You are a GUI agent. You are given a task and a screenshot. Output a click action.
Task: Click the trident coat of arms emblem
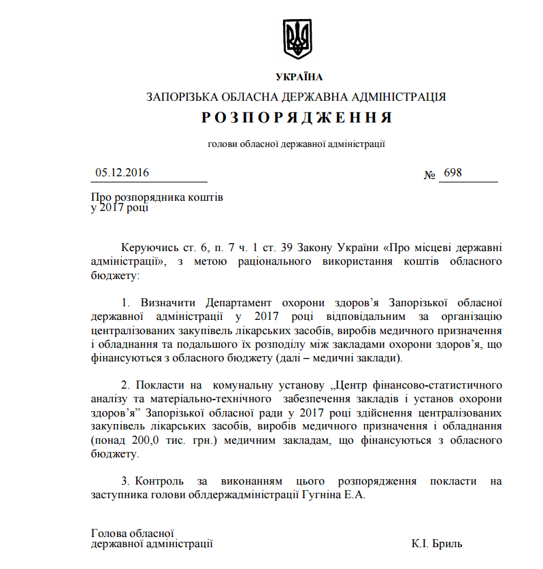(x=297, y=39)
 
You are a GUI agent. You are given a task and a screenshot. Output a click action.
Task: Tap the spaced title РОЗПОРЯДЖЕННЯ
(x=297, y=118)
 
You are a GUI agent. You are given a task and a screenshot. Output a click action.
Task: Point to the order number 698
(x=452, y=173)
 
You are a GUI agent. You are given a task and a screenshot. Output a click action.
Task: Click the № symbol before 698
(x=430, y=175)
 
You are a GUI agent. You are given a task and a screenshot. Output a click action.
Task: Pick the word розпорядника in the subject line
(x=144, y=197)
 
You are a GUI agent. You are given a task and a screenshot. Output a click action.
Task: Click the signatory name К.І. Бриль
(x=437, y=544)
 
